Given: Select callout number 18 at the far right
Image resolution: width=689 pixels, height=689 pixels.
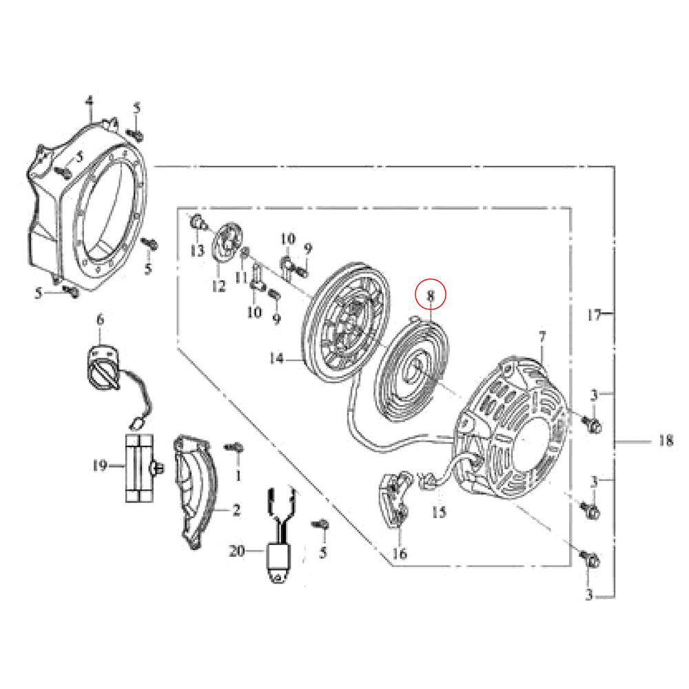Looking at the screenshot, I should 665,440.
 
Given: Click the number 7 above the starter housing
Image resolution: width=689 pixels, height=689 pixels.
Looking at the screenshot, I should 542,336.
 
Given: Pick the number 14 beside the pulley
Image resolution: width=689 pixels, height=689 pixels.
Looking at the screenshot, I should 276,358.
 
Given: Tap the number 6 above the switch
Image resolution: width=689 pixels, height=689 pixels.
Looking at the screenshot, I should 100,319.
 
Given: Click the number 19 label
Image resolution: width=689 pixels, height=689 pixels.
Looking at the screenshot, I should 101,466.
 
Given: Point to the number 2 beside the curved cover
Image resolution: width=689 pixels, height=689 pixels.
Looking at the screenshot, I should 236,511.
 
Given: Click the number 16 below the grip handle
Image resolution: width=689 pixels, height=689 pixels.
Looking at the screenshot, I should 400,553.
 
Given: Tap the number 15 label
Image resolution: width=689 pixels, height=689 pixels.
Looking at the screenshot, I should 439,512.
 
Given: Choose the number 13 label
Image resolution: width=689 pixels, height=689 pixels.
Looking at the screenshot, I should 197,250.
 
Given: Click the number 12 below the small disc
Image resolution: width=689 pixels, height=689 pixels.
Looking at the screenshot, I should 219,286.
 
